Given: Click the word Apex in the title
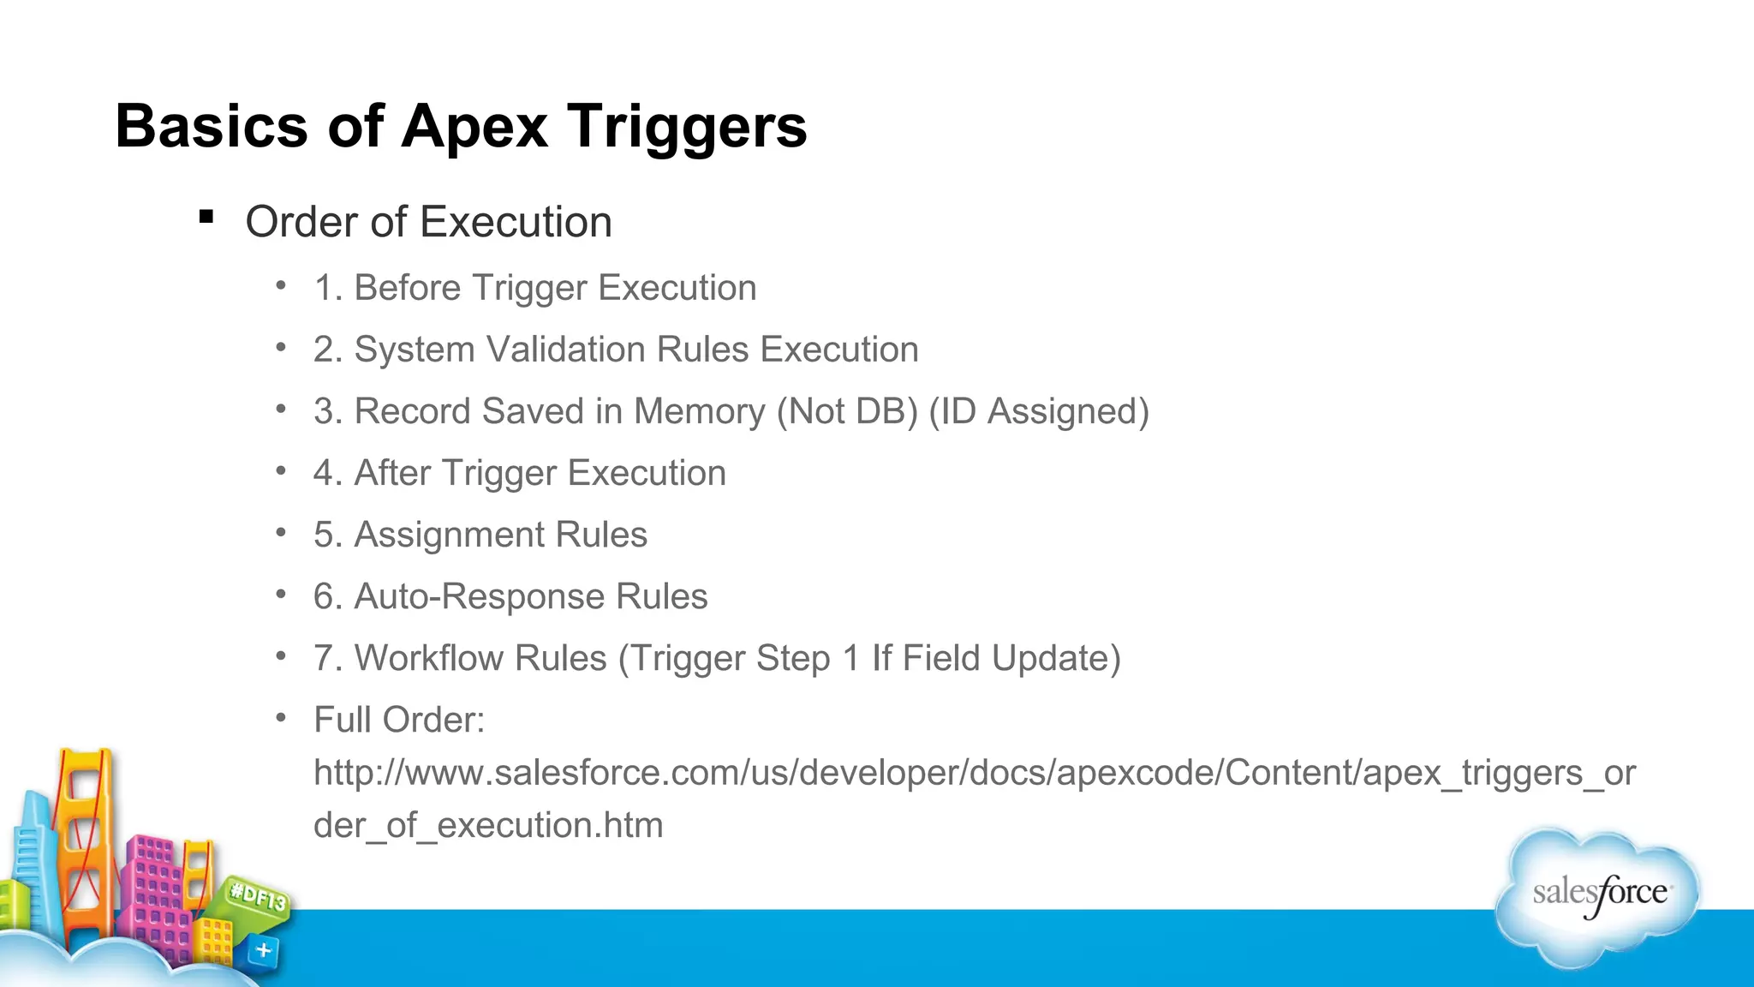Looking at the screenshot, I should click(474, 127).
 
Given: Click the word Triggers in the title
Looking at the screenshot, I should click(687, 127).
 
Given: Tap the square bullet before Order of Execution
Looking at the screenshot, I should click(206, 217).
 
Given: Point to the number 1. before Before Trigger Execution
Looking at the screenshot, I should click(327, 288).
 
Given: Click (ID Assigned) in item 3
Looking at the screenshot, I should click(1038, 411).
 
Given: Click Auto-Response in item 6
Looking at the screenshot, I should click(479, 596).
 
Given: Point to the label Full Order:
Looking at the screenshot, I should click(399, 720).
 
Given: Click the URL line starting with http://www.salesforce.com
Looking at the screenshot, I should click(974, 773).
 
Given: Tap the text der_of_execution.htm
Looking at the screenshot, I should click(488, 825).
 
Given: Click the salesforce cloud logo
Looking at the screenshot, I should click(1598, 895).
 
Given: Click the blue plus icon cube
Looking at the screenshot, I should click(264, 950).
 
